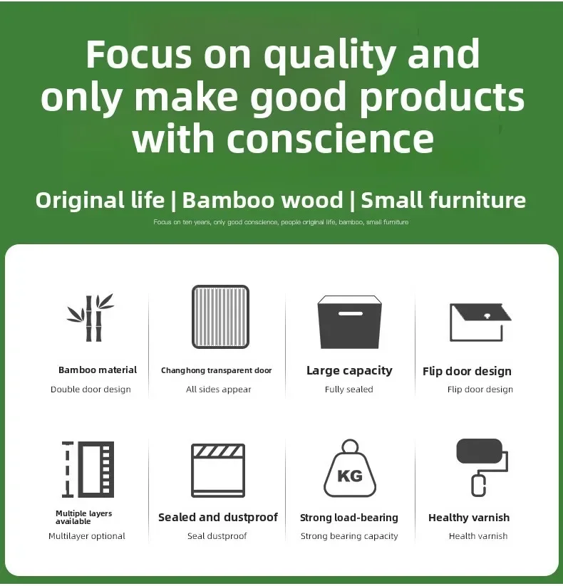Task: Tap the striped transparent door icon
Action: (220, 317)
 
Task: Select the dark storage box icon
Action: (349, 322)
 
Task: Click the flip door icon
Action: (480, 322)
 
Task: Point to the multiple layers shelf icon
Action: (88, 469)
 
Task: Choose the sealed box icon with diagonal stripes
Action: (218, 471)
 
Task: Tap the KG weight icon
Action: (350, 468)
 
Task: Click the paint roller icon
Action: (482, 467)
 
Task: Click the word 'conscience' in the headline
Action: (331, 139)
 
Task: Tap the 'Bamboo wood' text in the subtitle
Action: (262, 200)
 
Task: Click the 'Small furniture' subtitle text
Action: (443, 200)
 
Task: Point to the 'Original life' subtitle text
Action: (100, 200)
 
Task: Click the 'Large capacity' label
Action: (349, 371)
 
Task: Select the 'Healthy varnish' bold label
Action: (469, 518)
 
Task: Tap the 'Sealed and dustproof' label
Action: (218, 518)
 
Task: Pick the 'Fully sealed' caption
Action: (348, 389)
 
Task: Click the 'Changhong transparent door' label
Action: (216, 370)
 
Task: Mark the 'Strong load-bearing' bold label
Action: (349, 518)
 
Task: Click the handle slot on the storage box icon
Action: (351, 313)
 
